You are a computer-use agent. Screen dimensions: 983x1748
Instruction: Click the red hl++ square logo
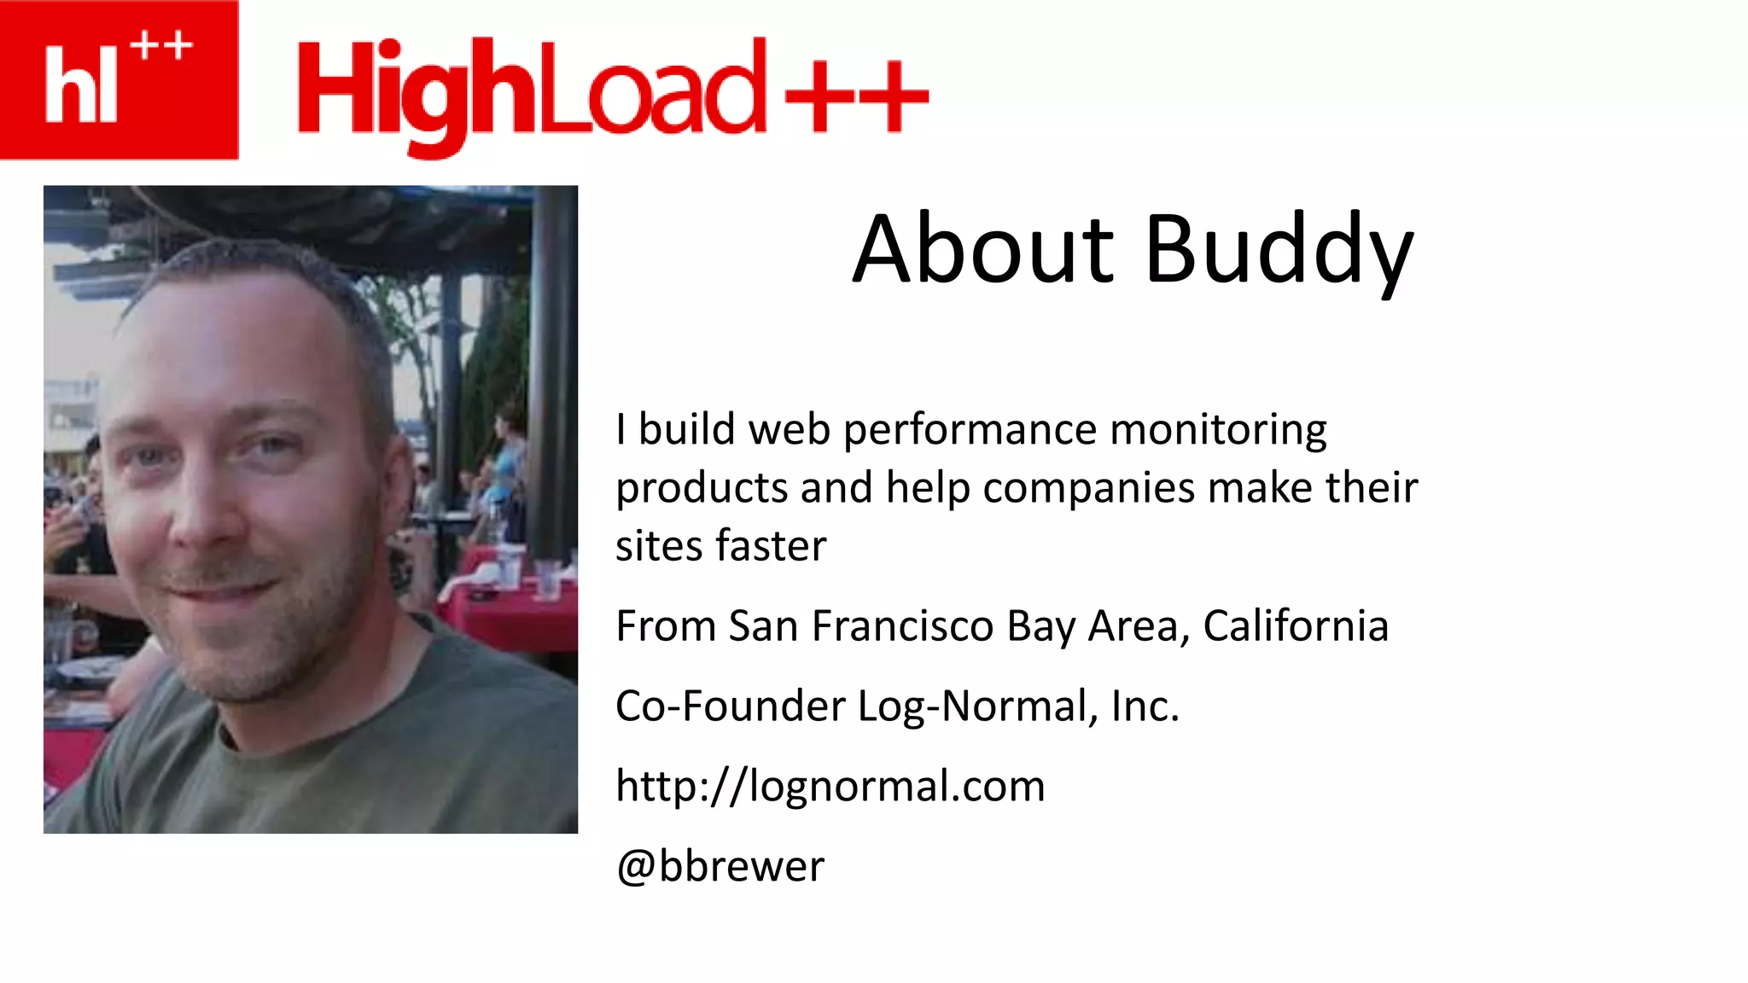tap(119, 79)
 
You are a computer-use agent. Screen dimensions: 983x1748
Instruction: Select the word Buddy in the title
tap(1279, 251)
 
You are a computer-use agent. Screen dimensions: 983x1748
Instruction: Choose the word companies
tap(1088, 489)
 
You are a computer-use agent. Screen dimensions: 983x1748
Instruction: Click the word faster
tap(771, 546)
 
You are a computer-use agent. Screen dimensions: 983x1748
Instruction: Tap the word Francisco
tap(902, 626)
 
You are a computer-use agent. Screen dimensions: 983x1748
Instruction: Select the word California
tap(1296, 626)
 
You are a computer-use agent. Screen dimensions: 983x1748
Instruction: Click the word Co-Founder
tap(730, 707)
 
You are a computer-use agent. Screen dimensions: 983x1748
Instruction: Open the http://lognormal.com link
tap(830, 786)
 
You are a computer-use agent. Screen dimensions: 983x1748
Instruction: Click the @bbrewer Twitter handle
tap(720, 866)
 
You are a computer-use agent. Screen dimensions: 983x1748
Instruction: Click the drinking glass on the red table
tap(547, 579)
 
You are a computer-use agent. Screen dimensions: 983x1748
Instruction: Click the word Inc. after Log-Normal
tap(1145, 707)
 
